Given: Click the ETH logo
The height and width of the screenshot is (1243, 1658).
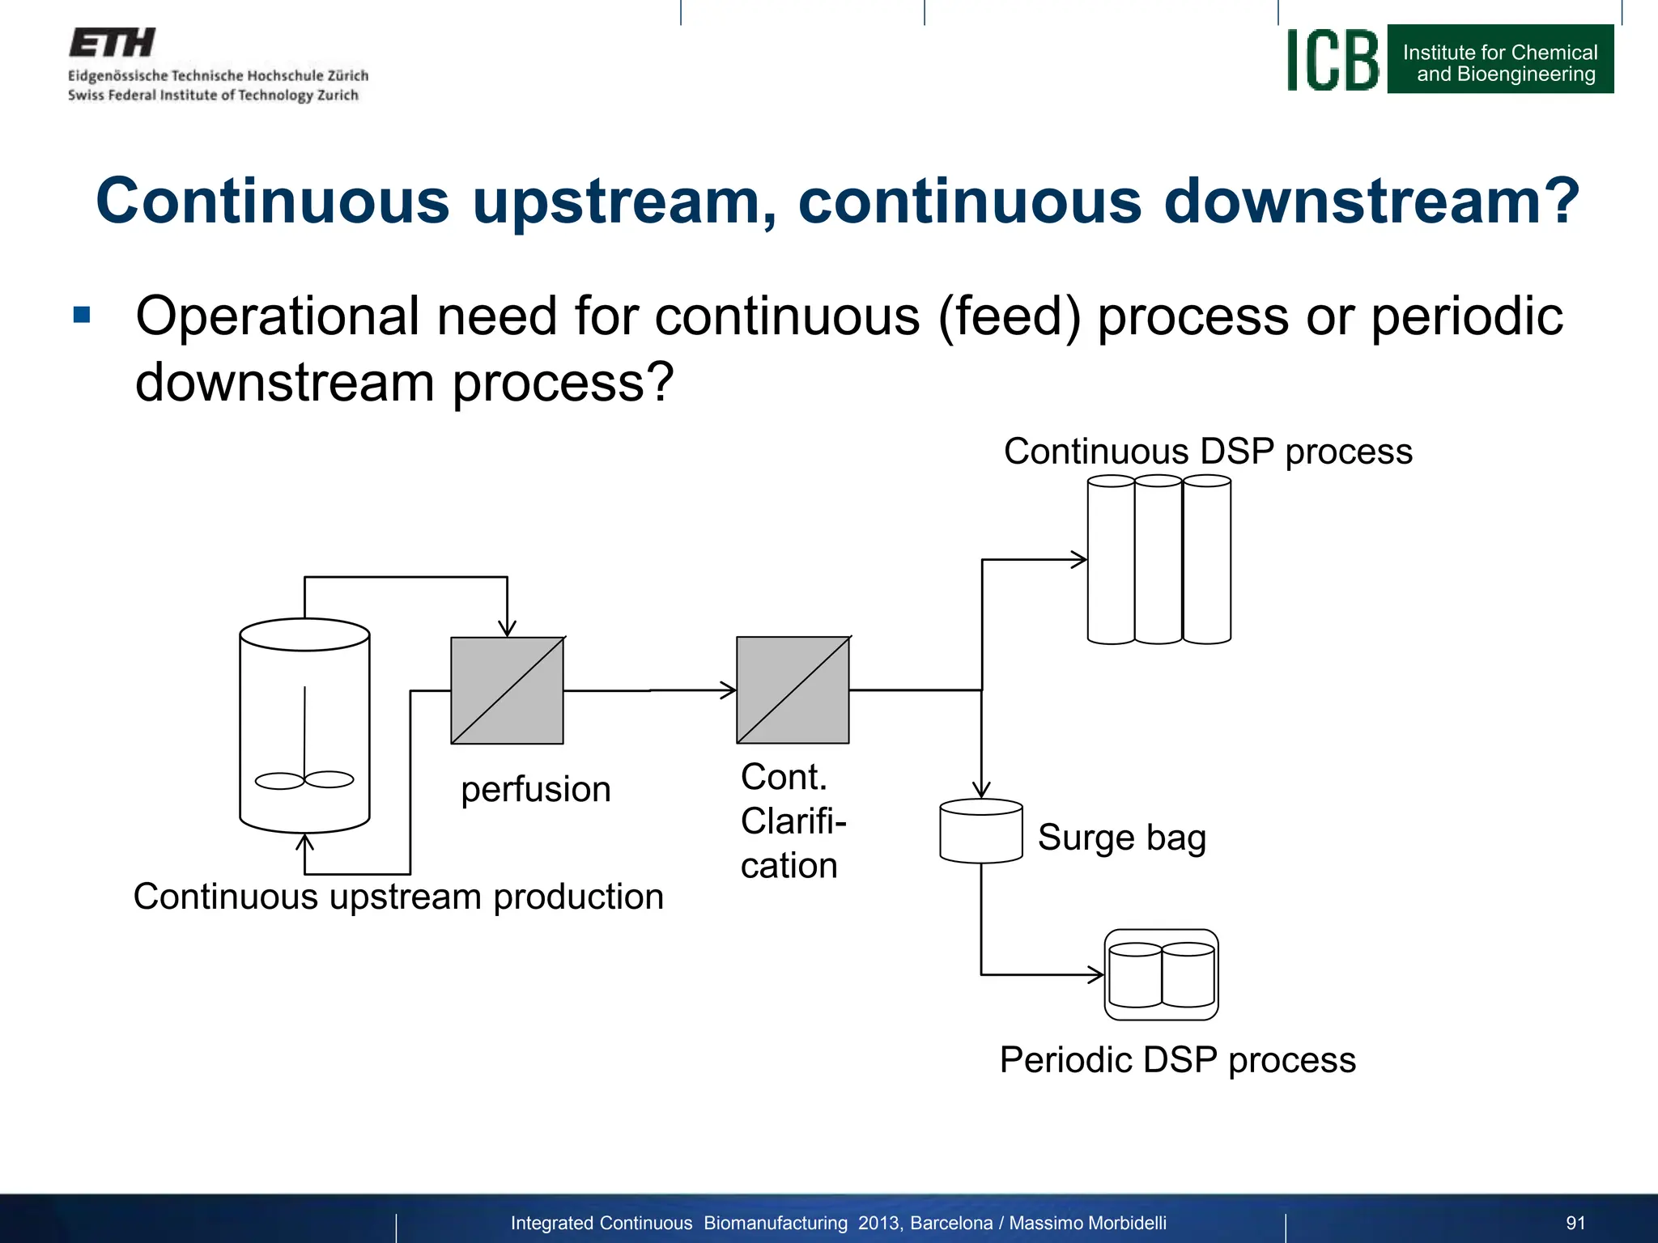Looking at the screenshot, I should [x=112, y=43].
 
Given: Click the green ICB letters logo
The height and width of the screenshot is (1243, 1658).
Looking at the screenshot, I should [x=1333, y=60].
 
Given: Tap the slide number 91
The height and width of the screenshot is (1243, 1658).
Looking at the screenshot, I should [x=1575, y=1223].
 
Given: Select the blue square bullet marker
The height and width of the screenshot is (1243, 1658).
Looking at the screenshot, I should [x=82, y=314].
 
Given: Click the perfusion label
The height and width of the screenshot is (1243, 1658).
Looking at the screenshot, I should [x=535, y=789].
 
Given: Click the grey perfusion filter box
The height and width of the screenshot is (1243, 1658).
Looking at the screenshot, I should [x=507, y=690].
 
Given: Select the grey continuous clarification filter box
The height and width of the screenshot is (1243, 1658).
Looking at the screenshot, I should [x=793, y=690].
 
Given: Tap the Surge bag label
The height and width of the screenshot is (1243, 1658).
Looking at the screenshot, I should [x=1121, y=838].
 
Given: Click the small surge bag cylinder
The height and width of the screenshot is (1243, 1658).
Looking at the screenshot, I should [x=980, y=832].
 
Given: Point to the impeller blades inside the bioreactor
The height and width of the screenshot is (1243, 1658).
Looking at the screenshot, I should [x=304, y=780].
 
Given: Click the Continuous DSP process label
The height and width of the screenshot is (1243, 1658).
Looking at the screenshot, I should [x=1207, y=452].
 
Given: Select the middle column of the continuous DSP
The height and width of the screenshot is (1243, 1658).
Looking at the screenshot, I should [x=1158, y=560].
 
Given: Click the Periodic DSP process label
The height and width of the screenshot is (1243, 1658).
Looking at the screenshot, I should [x=1177, y=1060].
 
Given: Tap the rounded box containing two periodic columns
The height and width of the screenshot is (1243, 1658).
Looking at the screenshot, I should [x=1161, y=974].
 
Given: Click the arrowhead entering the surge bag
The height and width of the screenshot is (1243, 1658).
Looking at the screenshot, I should [x=981, y=790].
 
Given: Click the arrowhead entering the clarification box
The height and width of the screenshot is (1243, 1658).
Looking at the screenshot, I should [x=729, y=690].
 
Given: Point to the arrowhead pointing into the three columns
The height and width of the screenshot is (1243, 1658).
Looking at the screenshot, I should [x=1079, y=559].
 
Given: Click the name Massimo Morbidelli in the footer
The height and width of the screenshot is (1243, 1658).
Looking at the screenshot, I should [x=1087, y=1223].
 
